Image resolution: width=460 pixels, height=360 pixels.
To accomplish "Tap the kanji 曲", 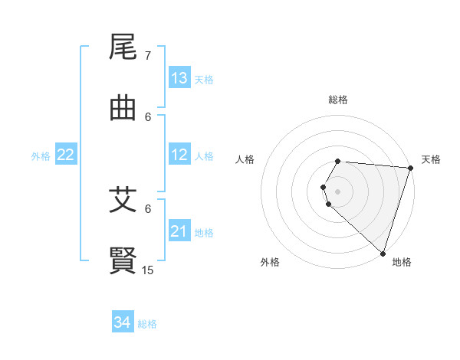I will [123, 108].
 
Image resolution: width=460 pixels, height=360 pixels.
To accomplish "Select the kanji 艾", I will [123, 200].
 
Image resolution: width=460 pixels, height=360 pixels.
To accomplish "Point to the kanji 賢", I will [123, 260].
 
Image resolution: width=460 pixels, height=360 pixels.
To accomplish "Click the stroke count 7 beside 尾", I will [148, 56].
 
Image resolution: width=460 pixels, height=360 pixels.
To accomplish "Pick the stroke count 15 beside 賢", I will [148, 270].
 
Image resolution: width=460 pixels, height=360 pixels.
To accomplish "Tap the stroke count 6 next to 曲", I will [148, 116].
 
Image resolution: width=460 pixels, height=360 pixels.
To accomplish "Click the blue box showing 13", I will [179, 78].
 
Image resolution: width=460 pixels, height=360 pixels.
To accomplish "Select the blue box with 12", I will [179, 155].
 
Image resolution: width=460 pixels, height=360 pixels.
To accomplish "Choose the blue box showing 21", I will [179, 231].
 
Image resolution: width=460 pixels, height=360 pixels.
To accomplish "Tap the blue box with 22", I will [66, 155].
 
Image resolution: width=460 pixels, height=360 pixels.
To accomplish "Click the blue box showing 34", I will [123, 322].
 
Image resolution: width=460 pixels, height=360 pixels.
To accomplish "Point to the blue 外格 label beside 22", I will [41, 155].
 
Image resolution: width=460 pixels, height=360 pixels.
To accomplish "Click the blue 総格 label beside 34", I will [147, 324].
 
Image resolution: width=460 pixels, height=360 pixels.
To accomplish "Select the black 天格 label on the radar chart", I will [431, 159].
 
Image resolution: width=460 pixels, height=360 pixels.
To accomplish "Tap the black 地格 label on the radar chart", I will [402, 262].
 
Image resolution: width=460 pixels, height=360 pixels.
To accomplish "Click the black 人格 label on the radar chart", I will [245, 159].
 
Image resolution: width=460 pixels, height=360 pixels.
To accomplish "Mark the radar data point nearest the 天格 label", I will [410, 168].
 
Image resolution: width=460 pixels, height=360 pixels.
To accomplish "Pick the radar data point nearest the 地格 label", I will [383, 253].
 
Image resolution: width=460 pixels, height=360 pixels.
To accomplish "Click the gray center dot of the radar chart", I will [337, 191].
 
